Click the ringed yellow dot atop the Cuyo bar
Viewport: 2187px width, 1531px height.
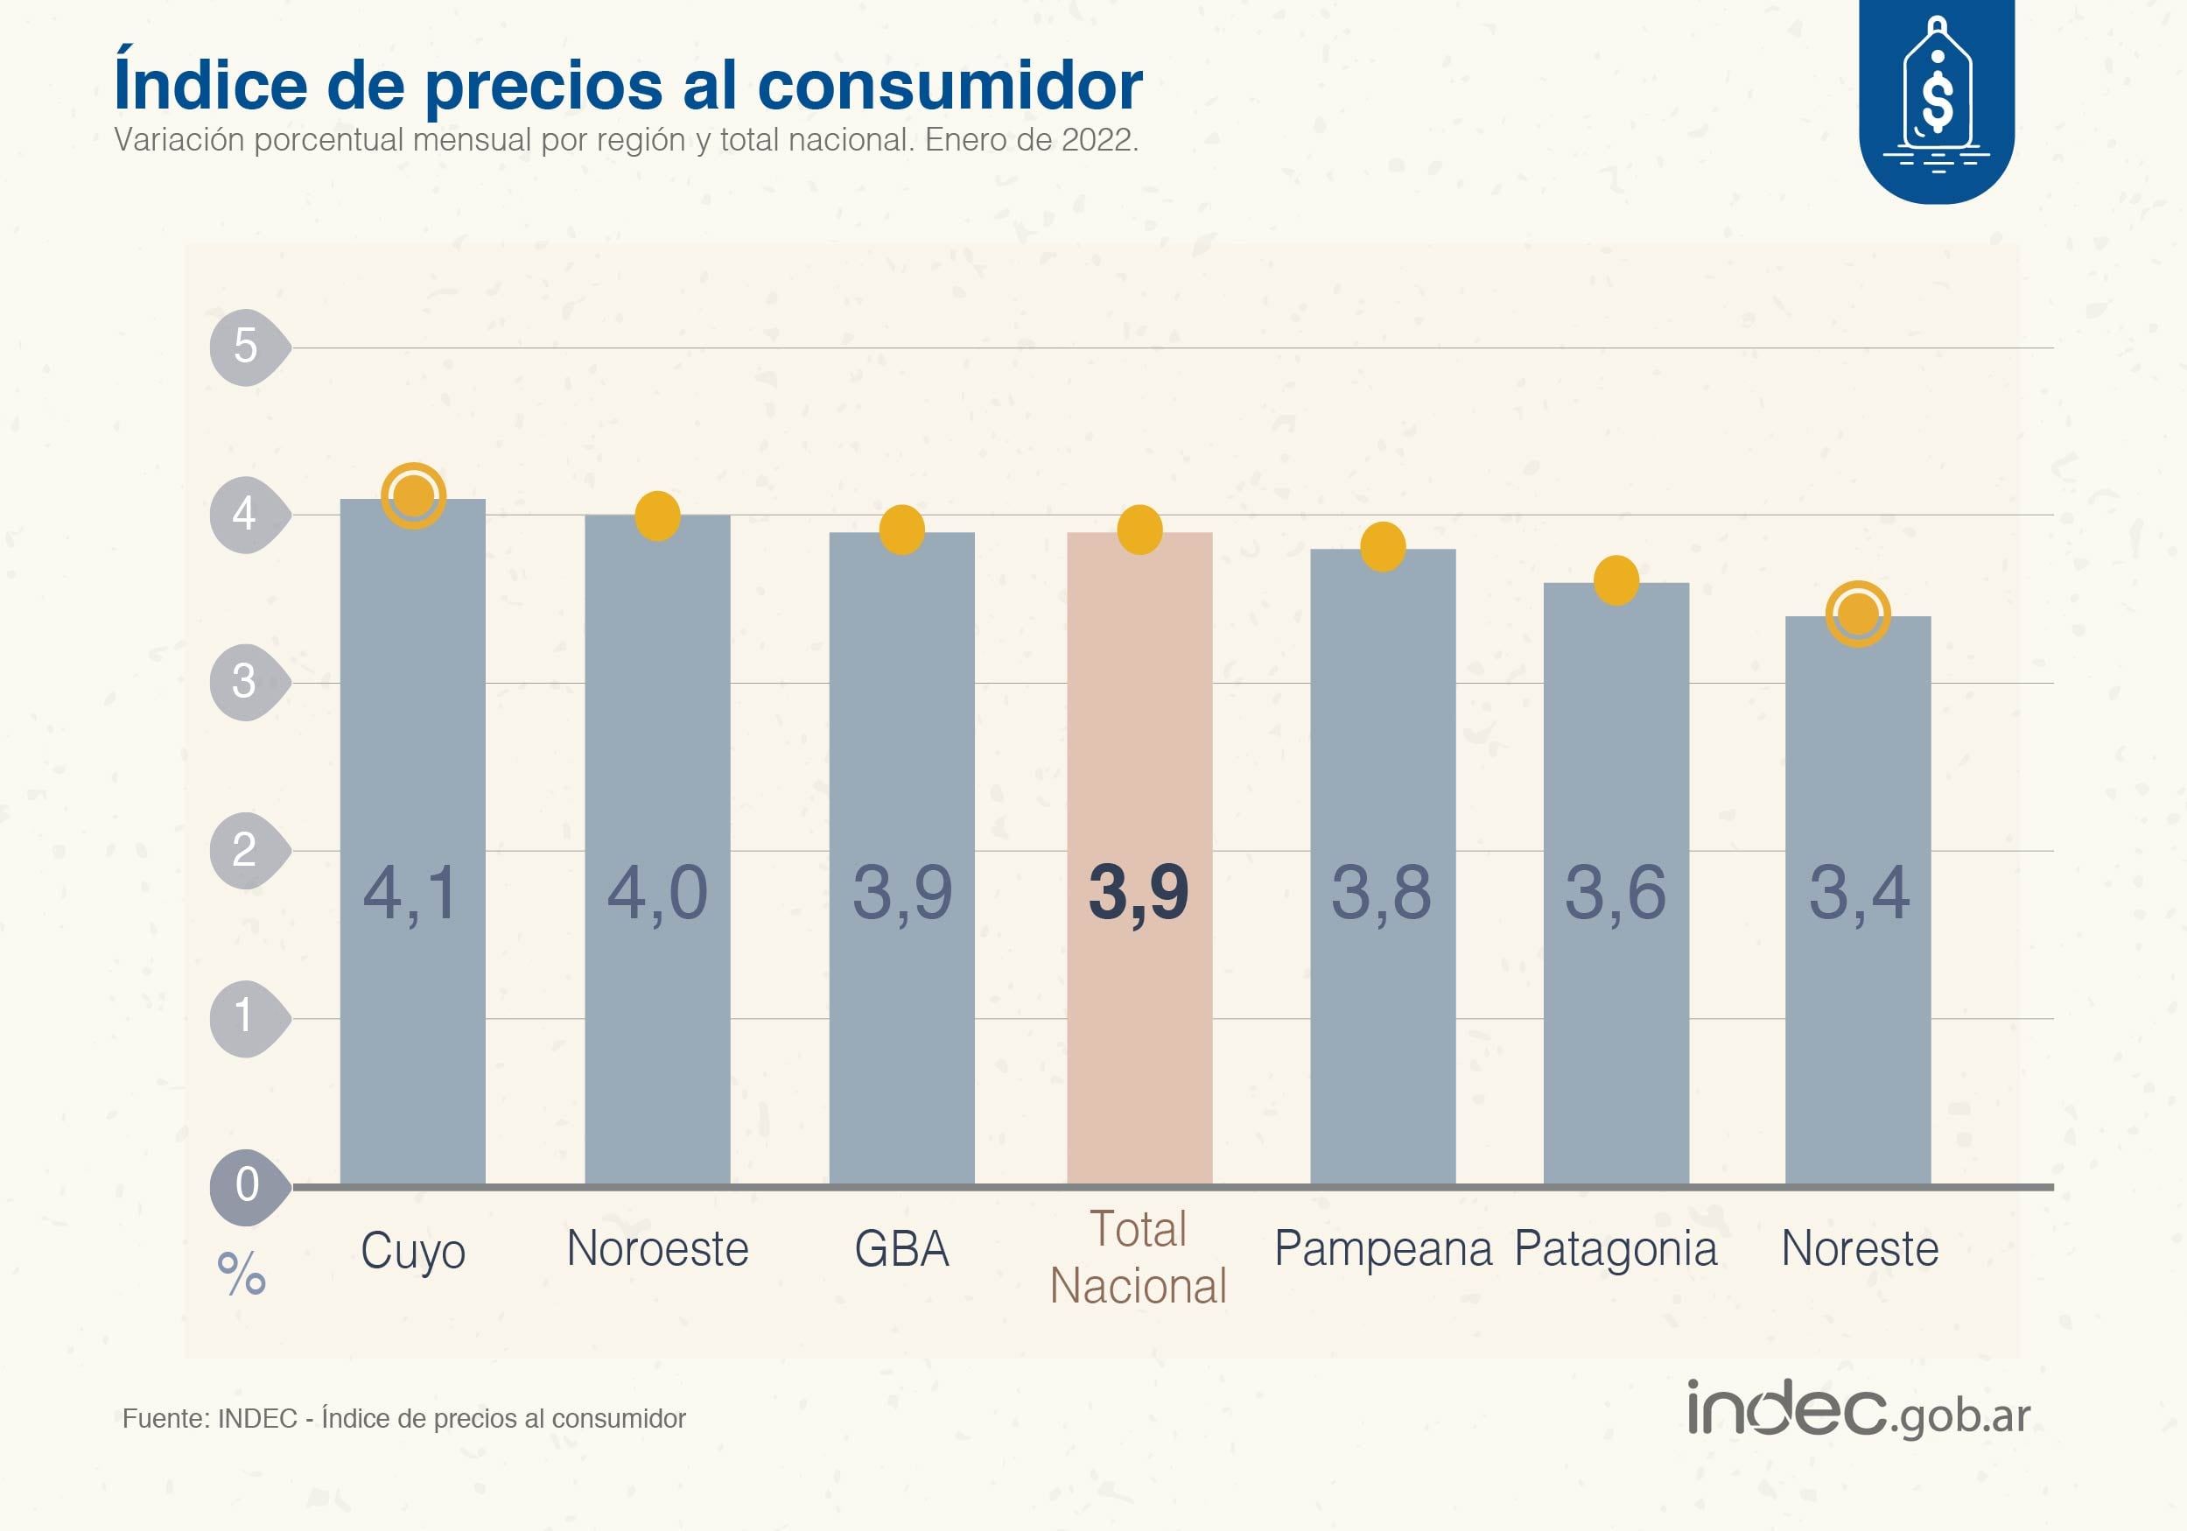413,495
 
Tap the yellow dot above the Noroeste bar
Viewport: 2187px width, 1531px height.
657,516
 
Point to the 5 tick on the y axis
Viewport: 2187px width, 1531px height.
246,347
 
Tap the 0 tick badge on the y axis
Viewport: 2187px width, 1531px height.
247,1184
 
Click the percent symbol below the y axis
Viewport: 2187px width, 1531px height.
241,1274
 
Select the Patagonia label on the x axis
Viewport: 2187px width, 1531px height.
1616,1249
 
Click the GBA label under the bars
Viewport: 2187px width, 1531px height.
901,1249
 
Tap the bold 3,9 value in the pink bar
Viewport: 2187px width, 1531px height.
1139,894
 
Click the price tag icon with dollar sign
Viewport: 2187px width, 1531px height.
1937,95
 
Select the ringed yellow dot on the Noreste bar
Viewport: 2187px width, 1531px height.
1857,614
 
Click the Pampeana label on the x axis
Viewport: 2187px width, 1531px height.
1383,1249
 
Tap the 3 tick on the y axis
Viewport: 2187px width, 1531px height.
245,681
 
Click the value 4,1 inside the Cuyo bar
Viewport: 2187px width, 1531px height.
411,894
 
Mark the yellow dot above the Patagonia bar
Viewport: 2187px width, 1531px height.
1616,580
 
